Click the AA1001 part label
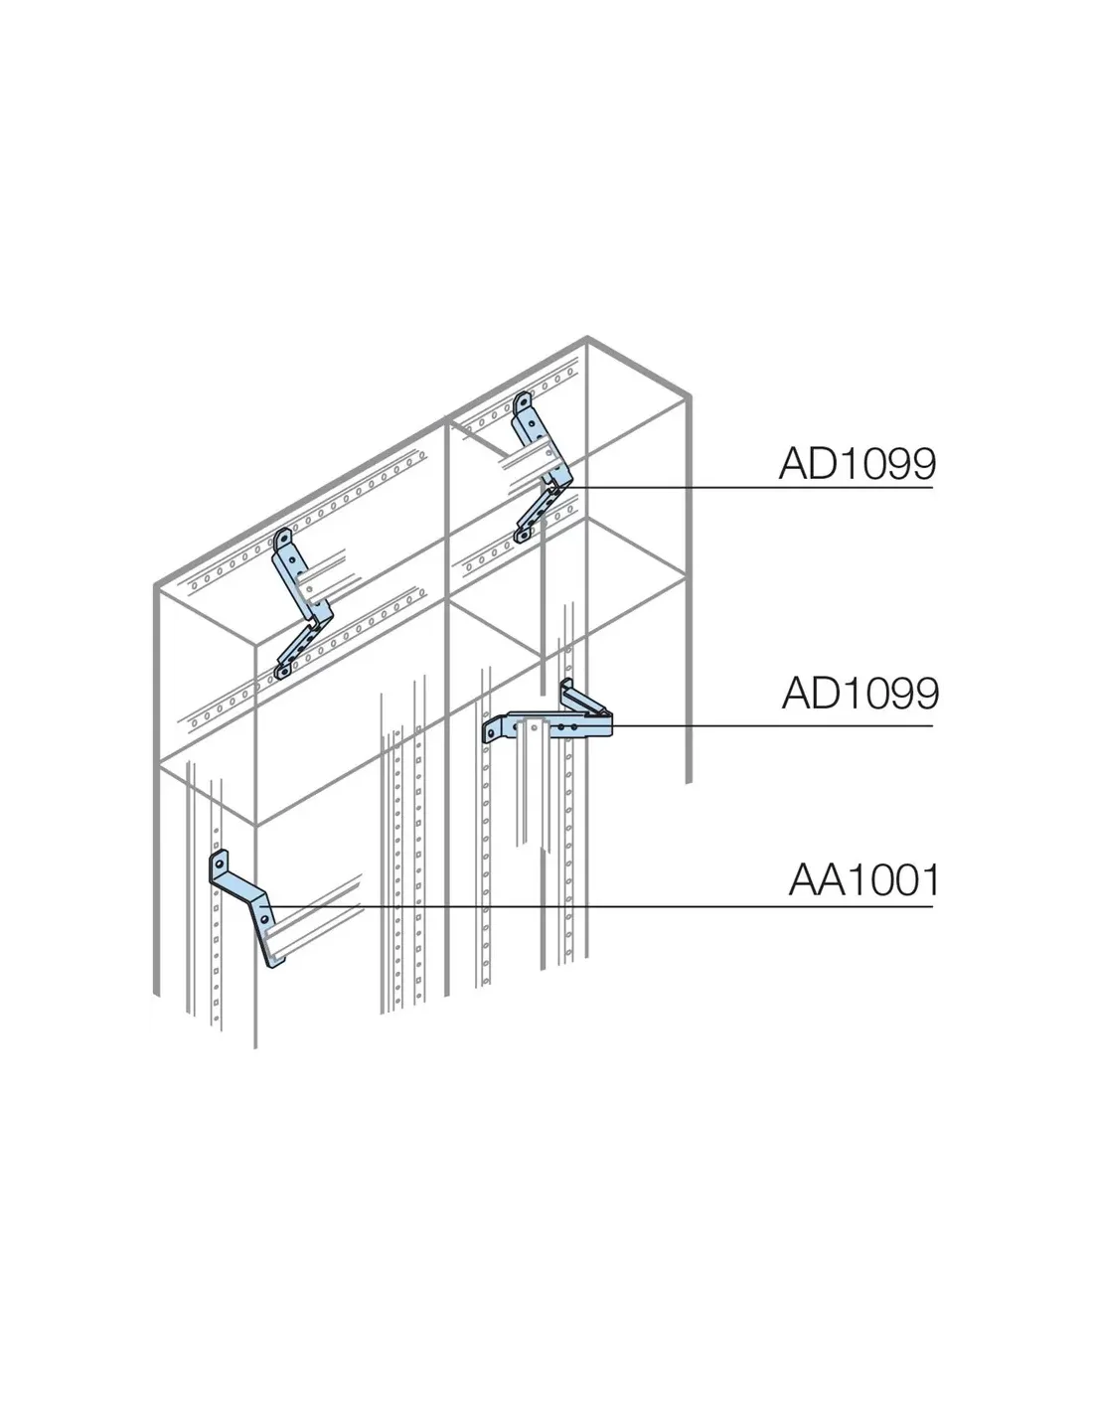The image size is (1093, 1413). tap(864, 880)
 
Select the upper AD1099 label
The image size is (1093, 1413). tap(857, 464)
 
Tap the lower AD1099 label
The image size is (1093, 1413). tap(860, 693)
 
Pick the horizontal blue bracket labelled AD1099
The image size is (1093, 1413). tap(547, 724)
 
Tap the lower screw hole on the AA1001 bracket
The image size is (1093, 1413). tap(263, 920)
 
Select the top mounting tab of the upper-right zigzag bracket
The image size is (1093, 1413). tap(522, 404)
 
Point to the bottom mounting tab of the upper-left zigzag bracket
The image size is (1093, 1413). tap(282, 671)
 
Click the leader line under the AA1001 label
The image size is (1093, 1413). tap(601, 905)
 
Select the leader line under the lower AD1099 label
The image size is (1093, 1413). tap(772, 725)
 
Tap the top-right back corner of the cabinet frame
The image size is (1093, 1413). tap(688, 395)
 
